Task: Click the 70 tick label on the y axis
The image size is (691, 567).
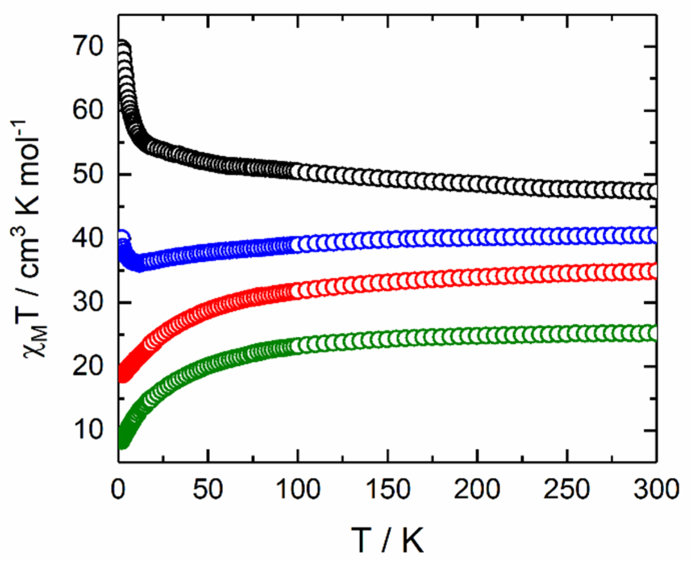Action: (x=88, y=46)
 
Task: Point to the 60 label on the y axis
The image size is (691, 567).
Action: (x=88, y=110)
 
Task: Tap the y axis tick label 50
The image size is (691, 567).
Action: (x=88, y=174)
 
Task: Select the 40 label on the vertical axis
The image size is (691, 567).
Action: (x=88, y=238)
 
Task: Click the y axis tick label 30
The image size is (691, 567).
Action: (x=88, y=302)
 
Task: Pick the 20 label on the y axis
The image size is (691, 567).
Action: (x=88, y=366)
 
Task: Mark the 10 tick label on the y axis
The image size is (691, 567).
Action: (x=88, y=430)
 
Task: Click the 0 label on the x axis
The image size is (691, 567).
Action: (x=118, y=490)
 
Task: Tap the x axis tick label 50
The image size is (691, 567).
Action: (x=208, y=490)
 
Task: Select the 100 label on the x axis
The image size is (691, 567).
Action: (x=298, y=490)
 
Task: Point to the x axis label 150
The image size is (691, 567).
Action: (x=388, y=490)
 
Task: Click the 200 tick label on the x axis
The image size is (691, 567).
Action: (x=477, y=490)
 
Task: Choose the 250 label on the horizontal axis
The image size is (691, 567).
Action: (x=567, y=490)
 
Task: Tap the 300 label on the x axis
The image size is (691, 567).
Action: (x=656, y=490)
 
